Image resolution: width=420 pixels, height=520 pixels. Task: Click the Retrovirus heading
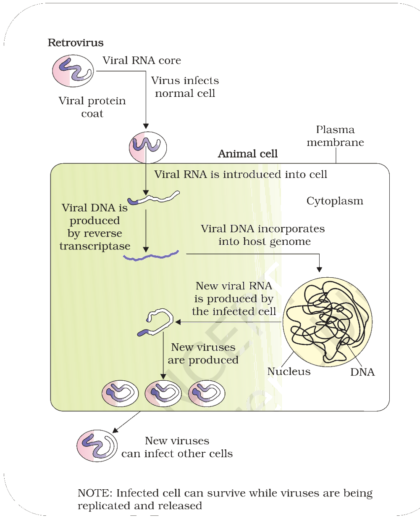coord(76,43)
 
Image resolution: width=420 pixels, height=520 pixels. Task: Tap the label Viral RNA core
coord(142,60)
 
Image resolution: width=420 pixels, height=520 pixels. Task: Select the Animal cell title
coord(248,154)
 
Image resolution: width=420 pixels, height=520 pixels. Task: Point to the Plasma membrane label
coord(335,136)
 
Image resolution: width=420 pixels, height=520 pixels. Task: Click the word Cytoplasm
coord(335,202)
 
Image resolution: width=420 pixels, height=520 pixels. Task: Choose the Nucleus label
coord(289,371)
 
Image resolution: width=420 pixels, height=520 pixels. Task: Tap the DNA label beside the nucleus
coord(362,372)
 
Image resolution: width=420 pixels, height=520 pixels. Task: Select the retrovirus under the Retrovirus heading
coord(73,71)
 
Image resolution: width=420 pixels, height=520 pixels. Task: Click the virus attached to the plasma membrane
coord(148,147)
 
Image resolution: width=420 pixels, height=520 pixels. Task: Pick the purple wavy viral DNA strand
coord(151,255)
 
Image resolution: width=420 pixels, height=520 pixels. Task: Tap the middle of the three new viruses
coord(163,393)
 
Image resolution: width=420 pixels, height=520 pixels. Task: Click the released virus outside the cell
coord(97,446)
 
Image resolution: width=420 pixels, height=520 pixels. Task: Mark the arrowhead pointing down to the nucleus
coord(319,269)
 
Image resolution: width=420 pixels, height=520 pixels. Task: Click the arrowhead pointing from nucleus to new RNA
coord(178,322)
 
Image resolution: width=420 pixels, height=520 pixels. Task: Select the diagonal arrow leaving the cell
coord(126,422)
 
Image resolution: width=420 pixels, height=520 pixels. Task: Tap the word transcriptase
coord(95,247)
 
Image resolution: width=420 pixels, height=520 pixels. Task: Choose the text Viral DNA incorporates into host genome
coord(263,235)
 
